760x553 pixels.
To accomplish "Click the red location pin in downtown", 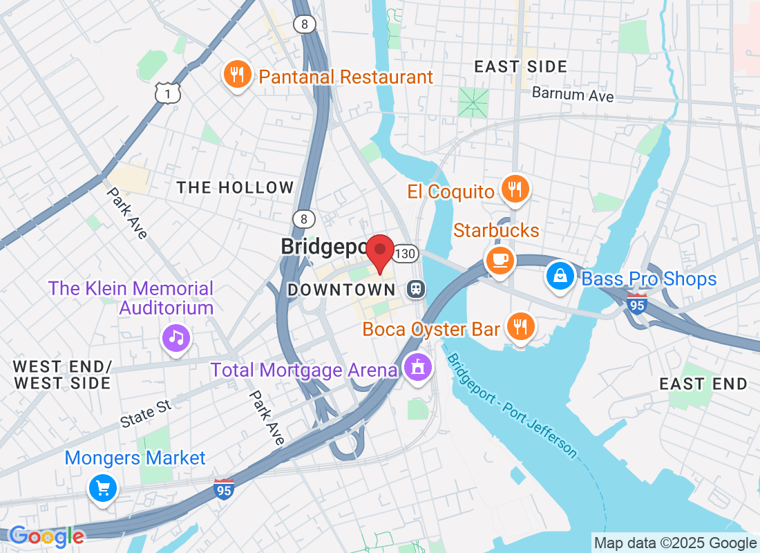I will coord(379,250).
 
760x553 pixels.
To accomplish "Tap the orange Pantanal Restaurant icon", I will coord(237,75).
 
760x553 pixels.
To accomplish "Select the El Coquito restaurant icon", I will coord(514,189).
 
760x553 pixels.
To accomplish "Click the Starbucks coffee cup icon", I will coord(499,260).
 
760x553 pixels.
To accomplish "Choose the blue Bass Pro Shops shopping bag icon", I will coord(560,276).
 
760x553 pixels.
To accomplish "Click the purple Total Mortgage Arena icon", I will coord(417,368).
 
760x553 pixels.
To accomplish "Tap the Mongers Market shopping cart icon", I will coord(103,489).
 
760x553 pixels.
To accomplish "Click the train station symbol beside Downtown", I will coord(416,288).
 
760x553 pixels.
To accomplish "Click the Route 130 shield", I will coord(406,254).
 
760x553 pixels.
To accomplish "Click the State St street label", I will coord(146,413).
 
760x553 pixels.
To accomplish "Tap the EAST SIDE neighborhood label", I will coord(521,67).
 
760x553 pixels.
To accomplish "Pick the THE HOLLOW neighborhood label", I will coord(235,187).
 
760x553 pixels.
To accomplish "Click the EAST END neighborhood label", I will coord(703,384).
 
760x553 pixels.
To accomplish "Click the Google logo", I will coord(47,536).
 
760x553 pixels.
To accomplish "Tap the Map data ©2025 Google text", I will coord(675,543).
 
